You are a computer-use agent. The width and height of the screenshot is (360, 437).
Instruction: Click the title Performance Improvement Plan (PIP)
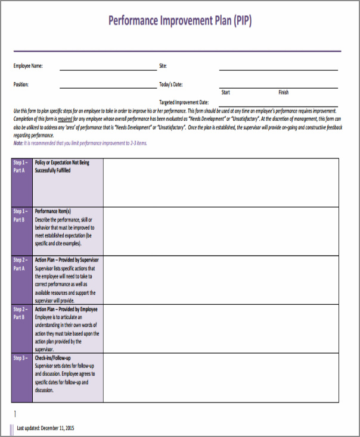tap(180, 21)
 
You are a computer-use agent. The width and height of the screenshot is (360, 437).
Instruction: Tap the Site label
tap(163, 65)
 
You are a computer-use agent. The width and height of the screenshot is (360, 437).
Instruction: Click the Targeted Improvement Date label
tap(184, 102)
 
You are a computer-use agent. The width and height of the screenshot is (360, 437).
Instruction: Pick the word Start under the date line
tap(226, 92)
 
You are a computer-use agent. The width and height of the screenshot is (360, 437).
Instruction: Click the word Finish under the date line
tap(283, 92)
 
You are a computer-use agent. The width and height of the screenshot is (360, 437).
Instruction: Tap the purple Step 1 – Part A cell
tap(22, 182)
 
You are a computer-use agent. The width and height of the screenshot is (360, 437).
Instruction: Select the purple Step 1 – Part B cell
tap(22, 231)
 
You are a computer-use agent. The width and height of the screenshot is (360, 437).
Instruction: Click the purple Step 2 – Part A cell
tap(22, 280)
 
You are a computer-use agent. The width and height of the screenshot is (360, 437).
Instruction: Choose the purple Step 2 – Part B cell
tap(22, 329)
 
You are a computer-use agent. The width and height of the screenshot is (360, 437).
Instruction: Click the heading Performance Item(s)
tap(53, 211)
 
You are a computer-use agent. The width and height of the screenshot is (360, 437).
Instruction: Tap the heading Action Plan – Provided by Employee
tap(66, 309)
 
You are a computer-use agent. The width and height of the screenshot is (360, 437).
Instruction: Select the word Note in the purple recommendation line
tap(18, 143)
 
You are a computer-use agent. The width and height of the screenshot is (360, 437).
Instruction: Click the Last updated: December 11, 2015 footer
tap(45, 428)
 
